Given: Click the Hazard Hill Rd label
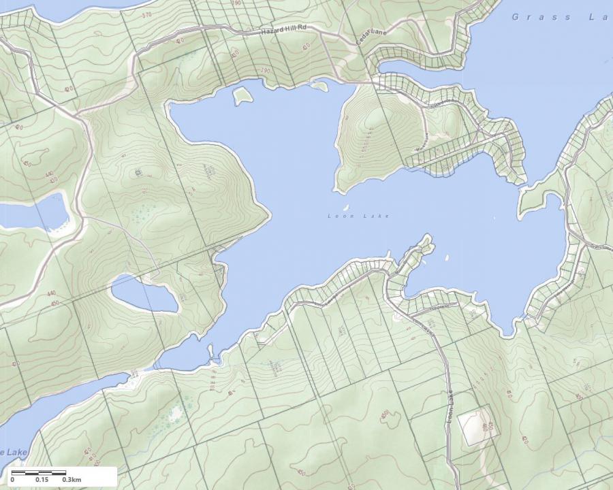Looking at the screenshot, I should point(284,31).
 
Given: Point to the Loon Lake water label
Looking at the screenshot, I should point(358,216).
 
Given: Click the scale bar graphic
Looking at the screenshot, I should point(39,472).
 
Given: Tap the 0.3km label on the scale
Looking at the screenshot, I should point(72,480).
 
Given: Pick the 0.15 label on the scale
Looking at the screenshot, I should point(42,480).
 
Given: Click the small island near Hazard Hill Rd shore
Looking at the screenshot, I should point(242,95).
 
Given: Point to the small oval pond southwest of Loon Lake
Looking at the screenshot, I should point(144,295).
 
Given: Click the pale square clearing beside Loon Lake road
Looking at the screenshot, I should point(475,427).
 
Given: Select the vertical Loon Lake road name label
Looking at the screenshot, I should point(450,407).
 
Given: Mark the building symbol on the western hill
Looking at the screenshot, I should point(139,173).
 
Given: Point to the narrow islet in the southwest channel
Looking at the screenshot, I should point(210,350).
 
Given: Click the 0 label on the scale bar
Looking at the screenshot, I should point(12,480).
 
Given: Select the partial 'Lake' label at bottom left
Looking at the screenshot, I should point(14,453).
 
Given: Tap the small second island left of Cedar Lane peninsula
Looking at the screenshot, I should point(319,85).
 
